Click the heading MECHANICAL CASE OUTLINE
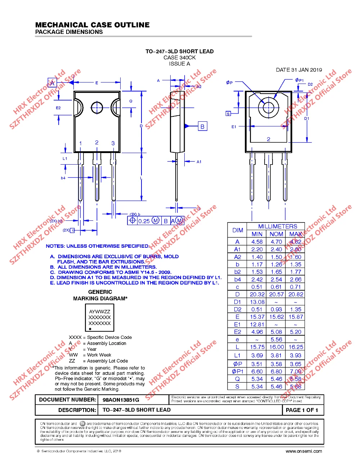tap(93, 25)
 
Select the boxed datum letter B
tap(202, 126)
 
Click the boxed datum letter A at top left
tap(52, 83)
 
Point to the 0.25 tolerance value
tap(144, 221)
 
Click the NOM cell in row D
tap(276, 294)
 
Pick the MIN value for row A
tap(257, 242)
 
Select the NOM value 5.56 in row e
tap(276, 339)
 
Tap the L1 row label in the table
tap(237, 355)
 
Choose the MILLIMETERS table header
tap(278, 226)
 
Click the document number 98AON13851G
tap(121, 400)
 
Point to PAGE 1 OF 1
tap(302, 410)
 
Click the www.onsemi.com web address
tap(303, 451)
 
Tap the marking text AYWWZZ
tap(100, 312)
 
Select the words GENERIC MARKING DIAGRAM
tap(100, 295)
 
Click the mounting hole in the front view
tap(97, 107)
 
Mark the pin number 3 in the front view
tap(113, 143)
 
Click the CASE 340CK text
tap(179, 58)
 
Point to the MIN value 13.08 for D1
tap(257, 302)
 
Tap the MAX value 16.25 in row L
tap(296, 347)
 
